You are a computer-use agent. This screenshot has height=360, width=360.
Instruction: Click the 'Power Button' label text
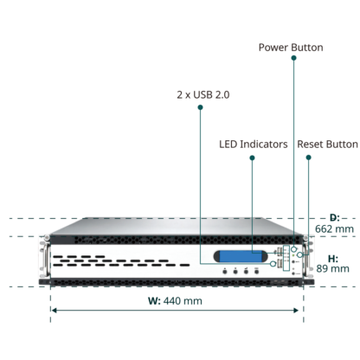(291, 48)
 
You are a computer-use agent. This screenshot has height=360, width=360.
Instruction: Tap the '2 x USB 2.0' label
(203, 94)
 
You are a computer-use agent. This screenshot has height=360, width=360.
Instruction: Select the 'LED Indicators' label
(254, 145)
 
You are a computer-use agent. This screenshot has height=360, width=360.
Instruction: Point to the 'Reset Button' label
(327, 145)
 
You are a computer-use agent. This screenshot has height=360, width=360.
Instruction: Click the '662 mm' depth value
(334, 228)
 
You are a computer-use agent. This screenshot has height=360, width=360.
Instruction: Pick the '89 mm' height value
(332, 268)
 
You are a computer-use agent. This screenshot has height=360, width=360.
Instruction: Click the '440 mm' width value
(183, 301)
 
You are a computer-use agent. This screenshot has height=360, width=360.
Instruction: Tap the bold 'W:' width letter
(154, 301)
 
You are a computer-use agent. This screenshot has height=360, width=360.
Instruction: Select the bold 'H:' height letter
(333, 259)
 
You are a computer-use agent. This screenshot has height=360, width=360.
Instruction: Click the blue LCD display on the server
(241, 256)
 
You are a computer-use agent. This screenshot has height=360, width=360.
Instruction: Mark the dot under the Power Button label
(293, 58)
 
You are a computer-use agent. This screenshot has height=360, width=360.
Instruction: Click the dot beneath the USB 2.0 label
(200, 107)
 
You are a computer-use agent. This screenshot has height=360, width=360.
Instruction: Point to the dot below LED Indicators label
(252, 157)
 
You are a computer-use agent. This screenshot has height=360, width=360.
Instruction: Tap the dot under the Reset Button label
(308, 157)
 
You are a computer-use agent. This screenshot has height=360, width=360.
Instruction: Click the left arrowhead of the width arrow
(54, 311)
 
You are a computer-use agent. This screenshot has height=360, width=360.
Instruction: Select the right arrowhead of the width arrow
(296, 311)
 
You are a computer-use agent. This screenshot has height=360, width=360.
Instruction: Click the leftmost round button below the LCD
(225, 272)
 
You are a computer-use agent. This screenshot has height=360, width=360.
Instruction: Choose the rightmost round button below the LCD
(256, 272)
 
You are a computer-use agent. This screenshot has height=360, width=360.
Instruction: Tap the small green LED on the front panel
(293, 255)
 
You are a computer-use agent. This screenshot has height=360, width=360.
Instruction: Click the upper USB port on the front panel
(280, 251)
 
